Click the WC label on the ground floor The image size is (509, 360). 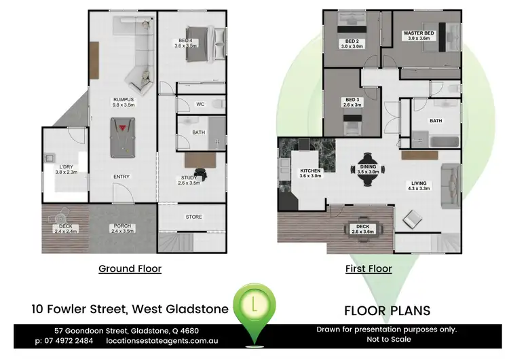[200, 105]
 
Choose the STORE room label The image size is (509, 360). [194, 217]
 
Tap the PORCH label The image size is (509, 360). [122, 228]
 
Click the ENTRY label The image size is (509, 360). [121, 177]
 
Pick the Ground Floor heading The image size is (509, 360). [130, 268]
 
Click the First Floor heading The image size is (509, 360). [369, 268]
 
